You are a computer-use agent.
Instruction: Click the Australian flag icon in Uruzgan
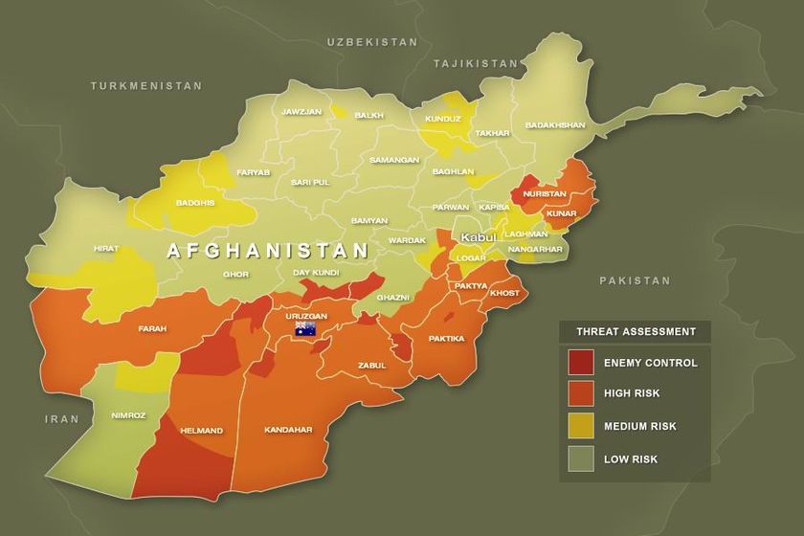(x=305, y=329)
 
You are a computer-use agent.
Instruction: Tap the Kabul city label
(x=478, y=237)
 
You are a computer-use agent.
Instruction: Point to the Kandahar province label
(x=288, y=431)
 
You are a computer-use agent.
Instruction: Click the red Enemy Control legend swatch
(x=581, y=363)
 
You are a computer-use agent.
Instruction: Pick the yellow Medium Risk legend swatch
(x=581, y=426)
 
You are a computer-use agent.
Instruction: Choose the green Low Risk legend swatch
(x=581, y=458)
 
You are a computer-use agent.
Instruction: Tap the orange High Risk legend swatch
(x=581, y=394)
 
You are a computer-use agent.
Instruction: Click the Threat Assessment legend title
(x=636, y=332)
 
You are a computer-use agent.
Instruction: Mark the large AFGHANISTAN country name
(x=268, y=251)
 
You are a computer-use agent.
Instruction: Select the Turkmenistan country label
(x=146, y=86)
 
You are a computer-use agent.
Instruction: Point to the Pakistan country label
(x=636, y=280)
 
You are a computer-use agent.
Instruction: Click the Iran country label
(x=62, y=419)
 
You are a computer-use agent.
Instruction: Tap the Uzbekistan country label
(x=372, y=42)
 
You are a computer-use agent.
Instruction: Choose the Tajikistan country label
(x=475, y=63)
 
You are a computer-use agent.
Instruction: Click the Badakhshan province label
(x=554, y=125)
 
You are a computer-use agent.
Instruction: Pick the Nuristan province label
(x=545, y=193)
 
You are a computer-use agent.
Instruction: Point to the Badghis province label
(x=194, y=203)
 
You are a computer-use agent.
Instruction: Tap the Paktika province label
(x=446, y=338)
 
